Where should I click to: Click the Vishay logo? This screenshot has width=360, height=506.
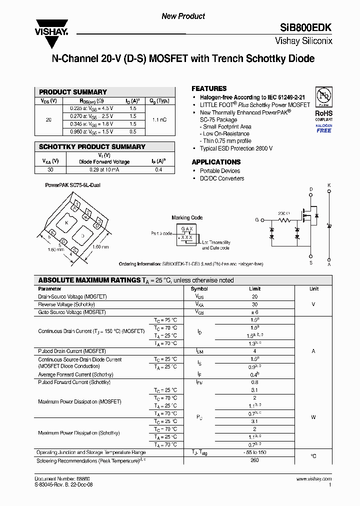click(x=50, y=26)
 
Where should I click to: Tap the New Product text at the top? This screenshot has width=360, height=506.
click(x=183, y=16)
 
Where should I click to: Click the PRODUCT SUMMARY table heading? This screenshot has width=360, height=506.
click(x=73, y=92)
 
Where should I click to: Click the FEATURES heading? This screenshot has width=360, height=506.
click(x=209, y=88)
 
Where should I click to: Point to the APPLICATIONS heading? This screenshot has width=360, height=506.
click(x=216, y=162)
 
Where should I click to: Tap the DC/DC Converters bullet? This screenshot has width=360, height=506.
click(x=222, y=178)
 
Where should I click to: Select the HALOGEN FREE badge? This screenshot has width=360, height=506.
click(x=323, y=128)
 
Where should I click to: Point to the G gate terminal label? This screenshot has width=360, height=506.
click(x=257, y=220)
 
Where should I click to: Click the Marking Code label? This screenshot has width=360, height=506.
click(x=187, y=217)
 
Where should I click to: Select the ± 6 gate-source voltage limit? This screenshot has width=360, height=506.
click(x=254, y=312)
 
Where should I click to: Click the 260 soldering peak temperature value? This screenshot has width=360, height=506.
click(x=254, y=460)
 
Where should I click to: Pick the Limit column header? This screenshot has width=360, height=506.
click(x=254, y=289)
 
